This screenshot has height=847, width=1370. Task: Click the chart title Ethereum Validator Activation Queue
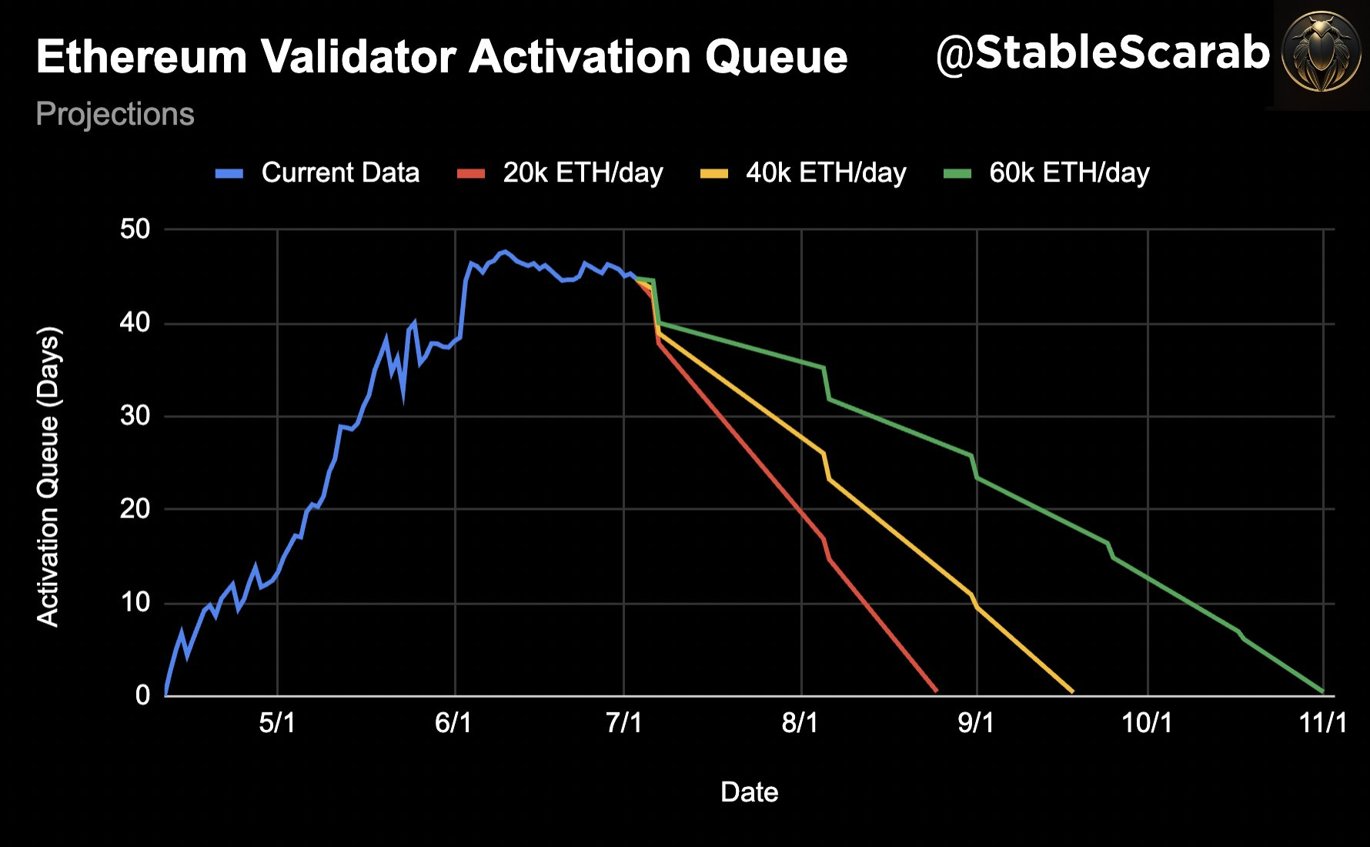pos(441,58)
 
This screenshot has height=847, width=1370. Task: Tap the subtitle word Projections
pos(115,115)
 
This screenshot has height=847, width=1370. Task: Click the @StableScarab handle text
pos(1102,54)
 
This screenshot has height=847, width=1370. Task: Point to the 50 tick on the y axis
pos(135,229)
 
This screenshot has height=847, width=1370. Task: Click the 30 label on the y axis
pos(135,416)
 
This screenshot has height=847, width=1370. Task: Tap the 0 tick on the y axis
pos(142,695)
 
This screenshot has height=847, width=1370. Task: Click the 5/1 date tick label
pos(277,723)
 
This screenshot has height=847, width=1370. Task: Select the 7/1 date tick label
pos(623,723)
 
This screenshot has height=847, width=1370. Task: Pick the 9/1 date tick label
pos(976,723)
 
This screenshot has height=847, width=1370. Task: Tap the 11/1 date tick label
pos(1322,723)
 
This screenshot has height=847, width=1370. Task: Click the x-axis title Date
pos(749,792)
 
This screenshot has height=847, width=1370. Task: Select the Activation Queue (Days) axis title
pos(48,477)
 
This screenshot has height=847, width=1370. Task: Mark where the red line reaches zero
pos(936,691)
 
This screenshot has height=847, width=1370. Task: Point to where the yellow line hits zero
pos(1072,691)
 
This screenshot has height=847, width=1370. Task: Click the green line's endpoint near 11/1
pos(1322,691)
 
